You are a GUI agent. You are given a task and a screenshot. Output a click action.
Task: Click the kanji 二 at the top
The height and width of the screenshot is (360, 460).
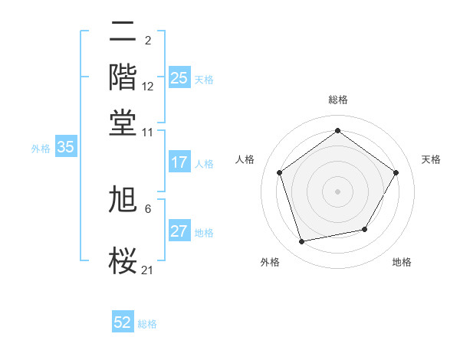coord(124,33)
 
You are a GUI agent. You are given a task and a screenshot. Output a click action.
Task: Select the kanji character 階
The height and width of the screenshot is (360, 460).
coord(124,77)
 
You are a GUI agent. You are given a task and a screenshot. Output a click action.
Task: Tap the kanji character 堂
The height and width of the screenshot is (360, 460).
coord(124,122)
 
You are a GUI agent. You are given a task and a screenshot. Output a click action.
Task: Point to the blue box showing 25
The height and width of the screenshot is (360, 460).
coord(179,78)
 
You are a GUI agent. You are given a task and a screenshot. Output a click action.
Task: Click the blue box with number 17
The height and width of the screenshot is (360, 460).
coord(179,162)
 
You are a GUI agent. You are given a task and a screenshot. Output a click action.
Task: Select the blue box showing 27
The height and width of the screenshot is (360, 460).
coord(179,232)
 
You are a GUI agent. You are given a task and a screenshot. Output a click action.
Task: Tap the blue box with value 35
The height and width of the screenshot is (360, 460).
coord(65,148)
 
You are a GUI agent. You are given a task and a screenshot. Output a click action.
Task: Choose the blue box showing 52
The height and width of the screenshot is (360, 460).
coord(123,322)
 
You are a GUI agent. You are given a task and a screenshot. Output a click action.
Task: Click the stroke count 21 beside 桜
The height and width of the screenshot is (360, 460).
coord(148,269)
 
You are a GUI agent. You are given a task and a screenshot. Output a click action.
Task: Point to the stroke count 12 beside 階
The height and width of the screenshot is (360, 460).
coord(148,87)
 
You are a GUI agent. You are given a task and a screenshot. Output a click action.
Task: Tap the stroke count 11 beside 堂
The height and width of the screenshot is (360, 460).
coord(148,131)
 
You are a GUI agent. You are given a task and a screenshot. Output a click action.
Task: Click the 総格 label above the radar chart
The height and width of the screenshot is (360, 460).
coord(337,100)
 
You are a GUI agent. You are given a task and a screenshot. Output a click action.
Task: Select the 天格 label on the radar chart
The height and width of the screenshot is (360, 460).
coord(431,159)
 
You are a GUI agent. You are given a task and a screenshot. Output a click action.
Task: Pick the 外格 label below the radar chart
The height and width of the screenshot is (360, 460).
coord(270,262)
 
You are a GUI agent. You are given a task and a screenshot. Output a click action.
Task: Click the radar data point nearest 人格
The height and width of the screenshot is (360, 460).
coord(280,172)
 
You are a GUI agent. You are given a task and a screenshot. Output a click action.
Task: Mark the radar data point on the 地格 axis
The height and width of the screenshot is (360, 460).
coord(365,229)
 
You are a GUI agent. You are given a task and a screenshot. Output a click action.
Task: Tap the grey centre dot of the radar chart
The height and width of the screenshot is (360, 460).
coord(337,191)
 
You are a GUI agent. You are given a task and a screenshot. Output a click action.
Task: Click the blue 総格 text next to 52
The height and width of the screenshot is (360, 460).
coord(147,324)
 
